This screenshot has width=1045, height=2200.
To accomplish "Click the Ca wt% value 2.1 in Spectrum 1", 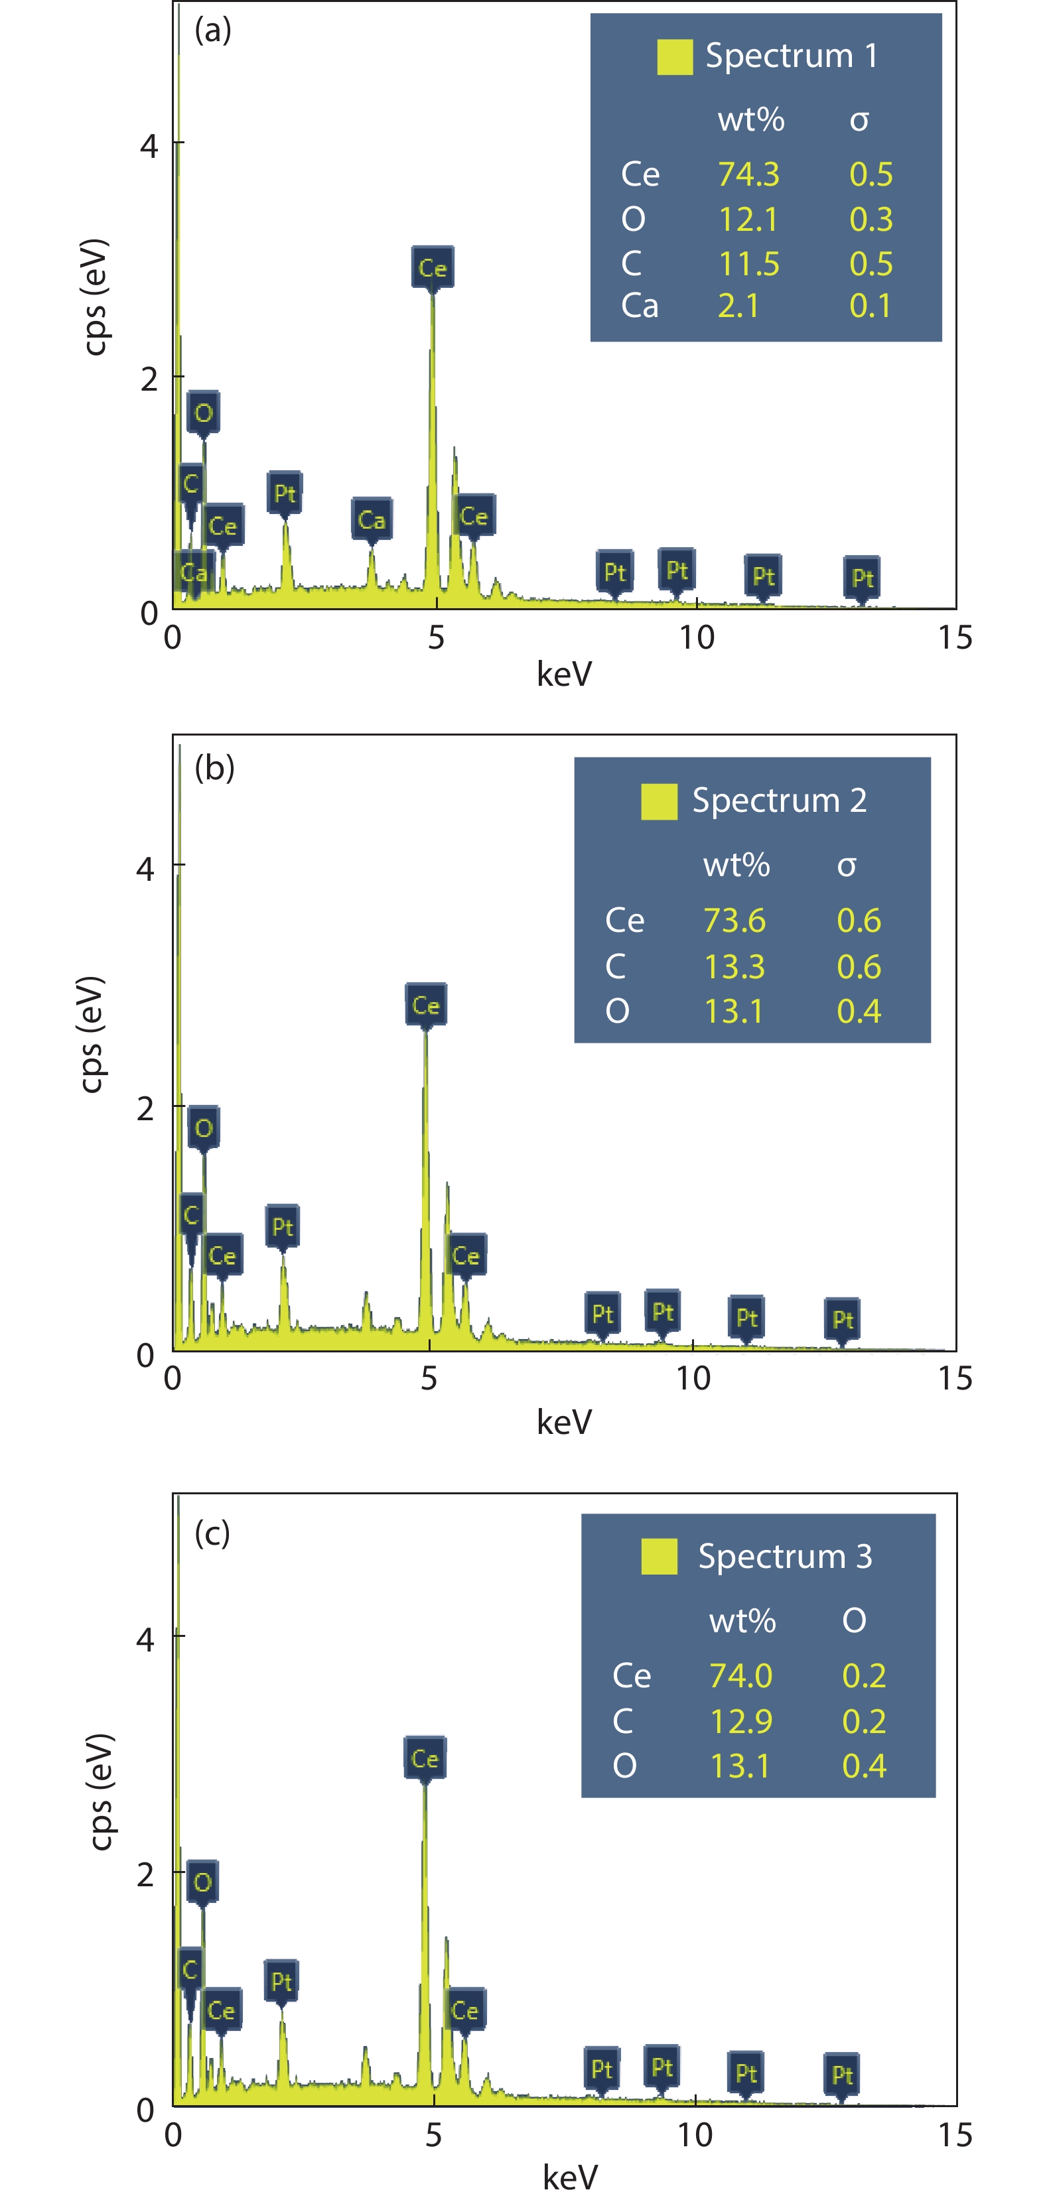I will pyautogui.click(x=738, y=306).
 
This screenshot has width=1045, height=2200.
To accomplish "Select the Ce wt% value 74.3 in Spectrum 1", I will pyautogui.click(x=748, y=174).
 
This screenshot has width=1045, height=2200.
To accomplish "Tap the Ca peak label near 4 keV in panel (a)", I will pyautogui.click(x=372, y=519).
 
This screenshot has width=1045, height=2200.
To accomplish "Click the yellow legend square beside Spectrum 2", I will pyautogui.click(x=659, y=801).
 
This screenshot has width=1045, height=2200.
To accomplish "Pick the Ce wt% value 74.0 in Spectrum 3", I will pyautogui.click(x=741, y=1675).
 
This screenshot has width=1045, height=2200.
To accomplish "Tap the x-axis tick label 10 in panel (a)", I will pyautogui.click(x=697, y=637).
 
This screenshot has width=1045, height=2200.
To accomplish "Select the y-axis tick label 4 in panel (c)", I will pyautogui.click(x=145, y=1638).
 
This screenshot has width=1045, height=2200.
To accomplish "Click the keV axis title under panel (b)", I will pyautogui.click(x=564, y=1421).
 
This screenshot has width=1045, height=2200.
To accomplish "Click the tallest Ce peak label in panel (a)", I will pyautogui.click(x=433, y=268).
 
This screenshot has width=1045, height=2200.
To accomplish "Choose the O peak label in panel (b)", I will pyautogui.click(x=204, y=1128).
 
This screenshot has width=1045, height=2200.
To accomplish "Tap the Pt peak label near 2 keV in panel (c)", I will pyautogui.click(x=281, y=1980).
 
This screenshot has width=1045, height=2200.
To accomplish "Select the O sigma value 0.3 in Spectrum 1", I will pyautogui.click(x=871, y=220).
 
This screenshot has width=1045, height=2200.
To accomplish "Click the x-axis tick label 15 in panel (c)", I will pyautogui.click(x=954, y=2134).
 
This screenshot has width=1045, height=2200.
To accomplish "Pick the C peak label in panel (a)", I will pyautogui.click(x=191, y=484).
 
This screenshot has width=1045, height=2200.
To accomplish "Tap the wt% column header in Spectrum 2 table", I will pyautogui.click(x=736, y=865).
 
